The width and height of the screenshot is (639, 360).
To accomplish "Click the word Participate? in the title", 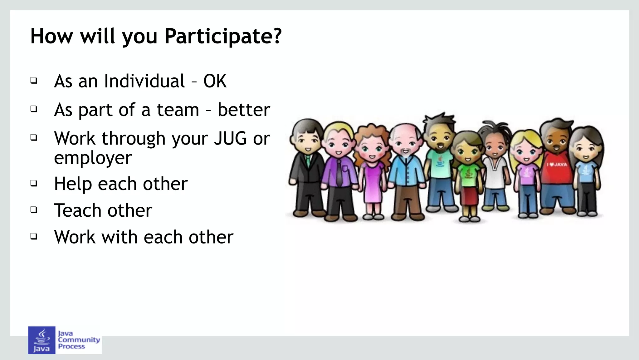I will (x=223, y=37).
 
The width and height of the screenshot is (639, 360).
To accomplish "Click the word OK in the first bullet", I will (x=215, y=81).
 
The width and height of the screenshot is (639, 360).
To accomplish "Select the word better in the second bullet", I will (x=244, y=110).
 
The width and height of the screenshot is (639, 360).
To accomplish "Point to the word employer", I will (x=93, y=158).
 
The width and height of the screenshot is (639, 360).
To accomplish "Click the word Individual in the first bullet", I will (x=144, y=81).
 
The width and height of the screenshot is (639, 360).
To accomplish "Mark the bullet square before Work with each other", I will (x=34, y=236).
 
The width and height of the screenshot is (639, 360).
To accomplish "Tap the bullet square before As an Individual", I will (x=34, y=81).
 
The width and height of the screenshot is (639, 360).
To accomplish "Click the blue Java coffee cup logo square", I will (x=41, y=340).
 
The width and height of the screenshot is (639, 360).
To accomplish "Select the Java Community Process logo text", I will (x=79, y=340).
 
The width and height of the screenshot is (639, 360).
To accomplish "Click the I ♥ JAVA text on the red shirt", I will (x=557, y=165).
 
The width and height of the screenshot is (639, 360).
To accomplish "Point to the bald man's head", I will (x=406, y=134).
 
